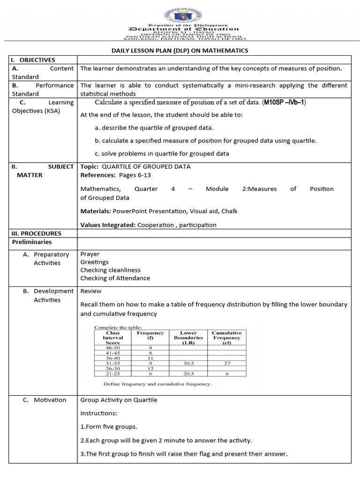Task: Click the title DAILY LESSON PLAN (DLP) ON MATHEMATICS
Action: pyautogui.click(x=180, y=51)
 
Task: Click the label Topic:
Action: pyautogui.click(x=89, y=166)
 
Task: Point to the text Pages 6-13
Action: pyautogui.click(x=134, y=175)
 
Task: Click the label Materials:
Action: pyautogui.click(x=96, y=211)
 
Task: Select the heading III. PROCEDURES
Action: pyautogui.click(x=36, y=233)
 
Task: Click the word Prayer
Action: pyautogui.click(x=90, y=254)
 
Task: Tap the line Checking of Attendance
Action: pyautogui.click(x=115, y=278)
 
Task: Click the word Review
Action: pyautogui.click(x=91, y=291)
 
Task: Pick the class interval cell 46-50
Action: pyautogui.click(x=113, y=348)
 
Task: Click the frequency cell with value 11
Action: pyautogui.click(x=150, y=358)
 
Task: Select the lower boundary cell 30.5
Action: pyautogui.click(x=188, y=363)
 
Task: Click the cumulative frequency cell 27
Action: pyautogui.click(x=226, y=363)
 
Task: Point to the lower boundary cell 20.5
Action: pyautogui.click(x=188, y=374)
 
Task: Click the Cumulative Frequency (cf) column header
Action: pyautogui.click(x=226, y=337)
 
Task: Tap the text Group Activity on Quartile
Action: pyautogui.click(x=119, y=400)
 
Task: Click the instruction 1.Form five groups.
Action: pyautogui.click(x=109, y=427)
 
